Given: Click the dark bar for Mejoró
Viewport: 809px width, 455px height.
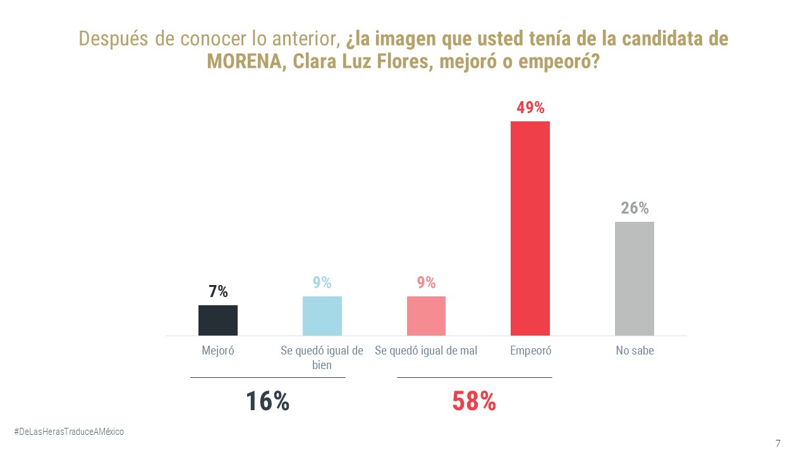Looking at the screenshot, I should point(218,320).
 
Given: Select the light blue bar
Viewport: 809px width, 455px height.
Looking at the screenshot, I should point(322,316).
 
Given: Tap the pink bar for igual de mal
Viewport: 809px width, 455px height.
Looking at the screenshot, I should point(426,316).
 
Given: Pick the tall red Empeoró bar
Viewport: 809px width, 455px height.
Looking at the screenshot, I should point(530,228).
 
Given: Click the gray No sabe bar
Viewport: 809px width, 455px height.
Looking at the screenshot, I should point(634,279).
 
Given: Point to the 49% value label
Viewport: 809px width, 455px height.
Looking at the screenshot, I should point(530,107).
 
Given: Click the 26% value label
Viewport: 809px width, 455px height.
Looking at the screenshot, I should point(635,208).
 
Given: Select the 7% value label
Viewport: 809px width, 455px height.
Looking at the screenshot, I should point(218,292).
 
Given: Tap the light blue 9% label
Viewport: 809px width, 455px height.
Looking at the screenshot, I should point(322,282).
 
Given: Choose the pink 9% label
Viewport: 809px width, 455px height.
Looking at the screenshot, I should point(427,282).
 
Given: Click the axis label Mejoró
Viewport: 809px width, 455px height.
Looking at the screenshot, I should point(218,351).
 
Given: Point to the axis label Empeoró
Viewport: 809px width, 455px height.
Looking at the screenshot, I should point(530,351).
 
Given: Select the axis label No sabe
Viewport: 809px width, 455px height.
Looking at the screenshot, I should point(635,351).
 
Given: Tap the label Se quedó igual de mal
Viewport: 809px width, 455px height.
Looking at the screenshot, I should point(426,351).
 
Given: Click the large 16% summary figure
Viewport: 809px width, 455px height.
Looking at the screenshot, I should point(267,401).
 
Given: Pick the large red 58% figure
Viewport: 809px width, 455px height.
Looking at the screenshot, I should point(474,401).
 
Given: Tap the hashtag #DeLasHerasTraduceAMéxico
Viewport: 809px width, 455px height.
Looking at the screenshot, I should point(69,431).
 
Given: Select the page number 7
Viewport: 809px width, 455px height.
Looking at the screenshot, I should point(778,443).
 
